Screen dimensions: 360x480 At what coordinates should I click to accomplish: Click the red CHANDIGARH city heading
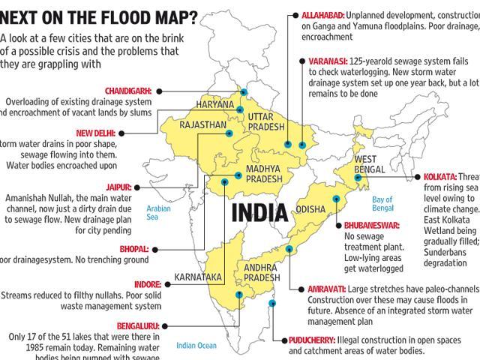pos(127,90)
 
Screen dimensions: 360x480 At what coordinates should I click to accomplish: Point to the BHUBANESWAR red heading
pos(371,225)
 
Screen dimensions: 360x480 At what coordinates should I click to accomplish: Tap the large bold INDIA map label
pos(259,211)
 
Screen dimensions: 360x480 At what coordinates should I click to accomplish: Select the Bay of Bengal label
pos(382,202)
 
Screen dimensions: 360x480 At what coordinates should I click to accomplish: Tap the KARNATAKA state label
pos(198,277)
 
